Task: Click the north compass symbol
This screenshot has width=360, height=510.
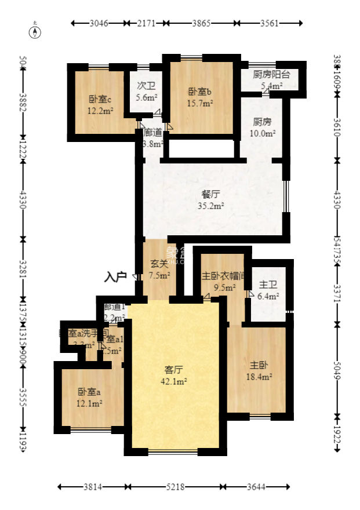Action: pyautogui.click(x=36, y=31)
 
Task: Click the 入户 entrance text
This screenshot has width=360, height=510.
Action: pyautogui.click(x=115, y=277)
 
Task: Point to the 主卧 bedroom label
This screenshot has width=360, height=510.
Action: pyautogui.click(x=258, y=366)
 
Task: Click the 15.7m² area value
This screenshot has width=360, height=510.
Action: pyautogui.click(x=201, y=104)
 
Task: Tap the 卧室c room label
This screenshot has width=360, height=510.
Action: pyautogui.click(x=100, y=99)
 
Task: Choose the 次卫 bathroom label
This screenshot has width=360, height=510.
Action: pyautogui.click(x=146, y=85)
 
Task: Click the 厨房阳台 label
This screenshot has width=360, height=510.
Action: pyautogui.click(x=271, y=75)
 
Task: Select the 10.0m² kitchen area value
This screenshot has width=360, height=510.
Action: pyautogui.click(x=262, y=133)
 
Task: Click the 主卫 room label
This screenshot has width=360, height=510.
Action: pyautogui.click(x=267, y=285)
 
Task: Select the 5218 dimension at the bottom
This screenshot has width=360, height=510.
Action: pyautogui.click(x=174, y=487)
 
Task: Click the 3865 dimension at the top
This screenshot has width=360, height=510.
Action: pyautogui.click(x=202, y=23)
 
